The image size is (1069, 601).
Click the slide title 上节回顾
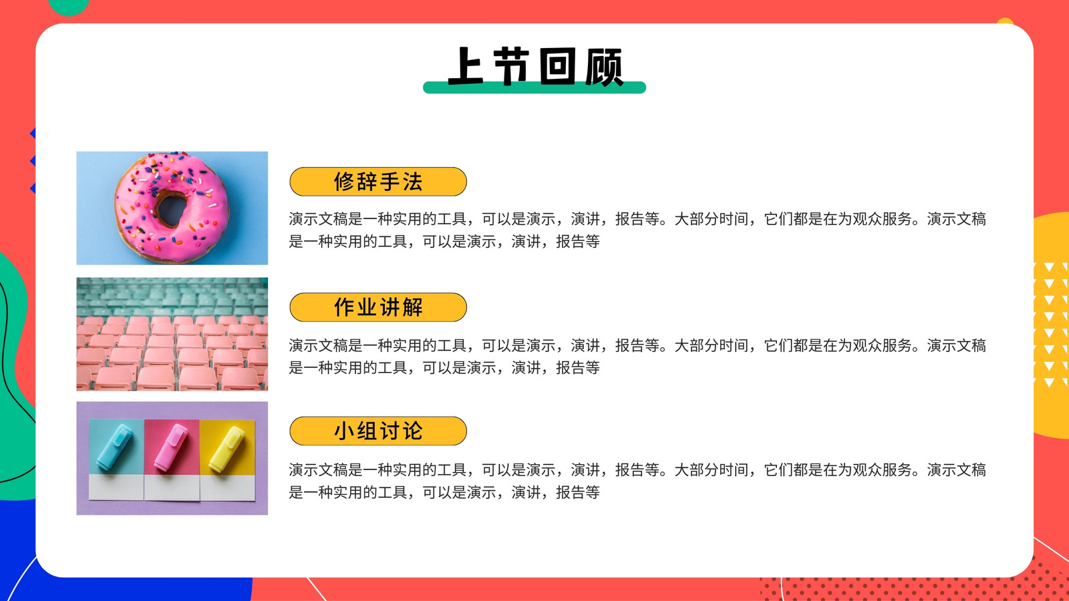tap(535, 66)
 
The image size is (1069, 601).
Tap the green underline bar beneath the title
tap(534, 87)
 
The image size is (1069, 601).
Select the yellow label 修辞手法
tap(378, 182)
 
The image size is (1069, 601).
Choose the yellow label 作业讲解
tap(378, 307)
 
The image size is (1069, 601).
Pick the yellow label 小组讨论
tap(378, 431)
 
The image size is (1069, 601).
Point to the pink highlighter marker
tap(170, 447)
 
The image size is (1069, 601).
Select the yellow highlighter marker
tap(226, 449)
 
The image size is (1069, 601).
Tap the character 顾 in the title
tap(604, 67)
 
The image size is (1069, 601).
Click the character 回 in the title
tap(557, 66)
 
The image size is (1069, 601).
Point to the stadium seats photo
tap(172, 335)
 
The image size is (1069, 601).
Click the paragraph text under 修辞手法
tap(637, 230)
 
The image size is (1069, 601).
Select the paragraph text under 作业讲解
tap(637, 357)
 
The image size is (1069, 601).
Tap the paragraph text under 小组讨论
tap(637, 481)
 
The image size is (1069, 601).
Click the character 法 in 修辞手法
tap(412, 182)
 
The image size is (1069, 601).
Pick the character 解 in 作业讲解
tap(412, 307)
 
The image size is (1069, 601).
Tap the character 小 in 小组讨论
tap(343, 431)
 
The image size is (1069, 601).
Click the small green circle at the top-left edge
tap(68, 7)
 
